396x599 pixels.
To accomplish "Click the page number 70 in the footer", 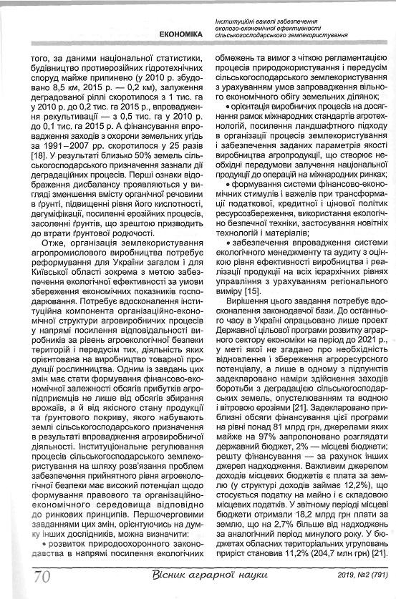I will click(x=39, y=575).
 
